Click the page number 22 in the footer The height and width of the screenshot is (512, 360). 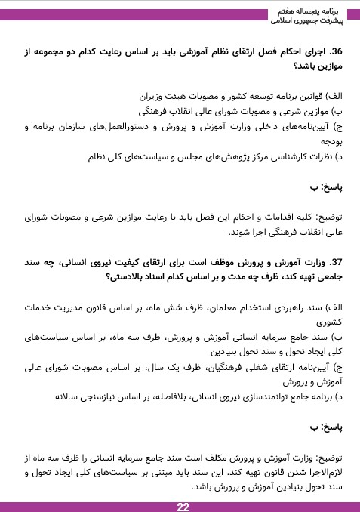point(183,506)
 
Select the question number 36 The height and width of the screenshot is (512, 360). point(331,51)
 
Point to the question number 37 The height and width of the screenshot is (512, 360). point(331,261)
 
